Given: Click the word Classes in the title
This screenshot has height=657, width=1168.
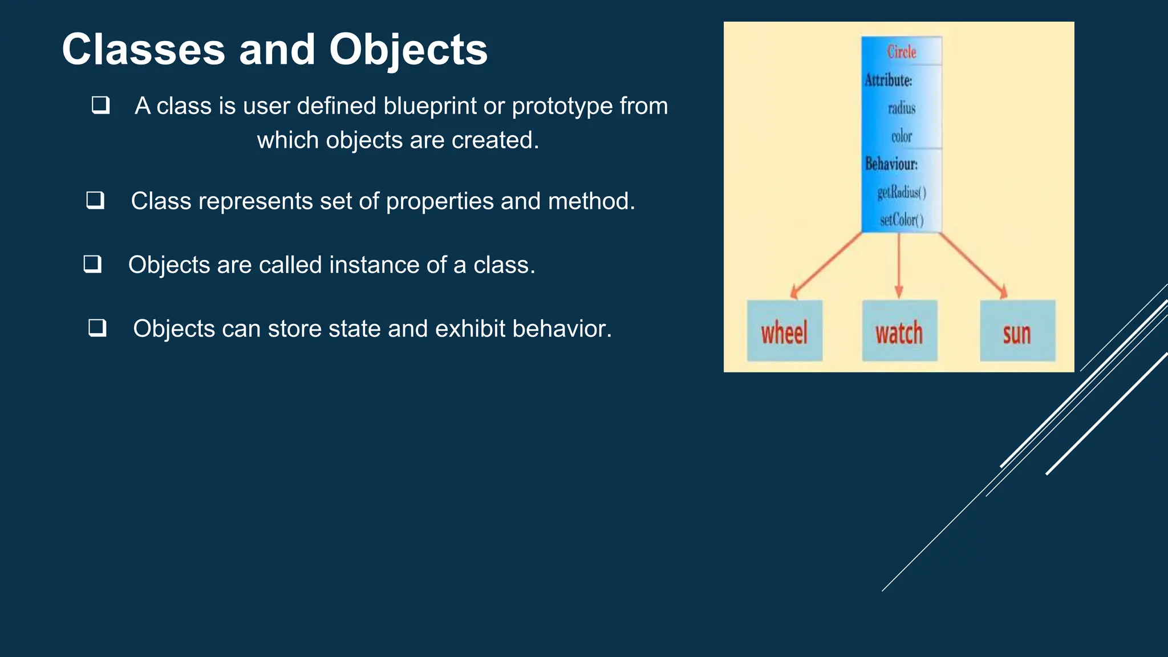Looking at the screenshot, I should [143, 50].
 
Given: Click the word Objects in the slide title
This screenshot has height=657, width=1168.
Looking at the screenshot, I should [408, 50].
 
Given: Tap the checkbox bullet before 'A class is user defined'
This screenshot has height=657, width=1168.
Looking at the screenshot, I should [101, 105].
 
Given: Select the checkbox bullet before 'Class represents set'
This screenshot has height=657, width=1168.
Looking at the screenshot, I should [95, 200].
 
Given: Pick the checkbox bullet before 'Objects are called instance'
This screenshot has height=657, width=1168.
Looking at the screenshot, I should [92, 264].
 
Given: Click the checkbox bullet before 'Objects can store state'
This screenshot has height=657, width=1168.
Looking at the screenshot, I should [98, 328].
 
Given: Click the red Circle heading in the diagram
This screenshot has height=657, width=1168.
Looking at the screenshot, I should [901, 52].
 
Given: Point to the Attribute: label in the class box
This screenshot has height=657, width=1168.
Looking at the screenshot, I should [888, 80].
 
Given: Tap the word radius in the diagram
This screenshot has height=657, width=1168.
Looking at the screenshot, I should [901, 108].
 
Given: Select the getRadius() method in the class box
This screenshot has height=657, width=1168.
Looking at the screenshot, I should [902, 192].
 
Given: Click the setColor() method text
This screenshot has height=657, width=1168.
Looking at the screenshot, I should [901, 220].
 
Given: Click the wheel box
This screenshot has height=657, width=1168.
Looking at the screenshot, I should [784, 331].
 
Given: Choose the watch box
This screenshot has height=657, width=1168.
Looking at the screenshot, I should [899, 331].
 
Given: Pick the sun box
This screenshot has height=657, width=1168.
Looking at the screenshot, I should [1017, 331].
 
